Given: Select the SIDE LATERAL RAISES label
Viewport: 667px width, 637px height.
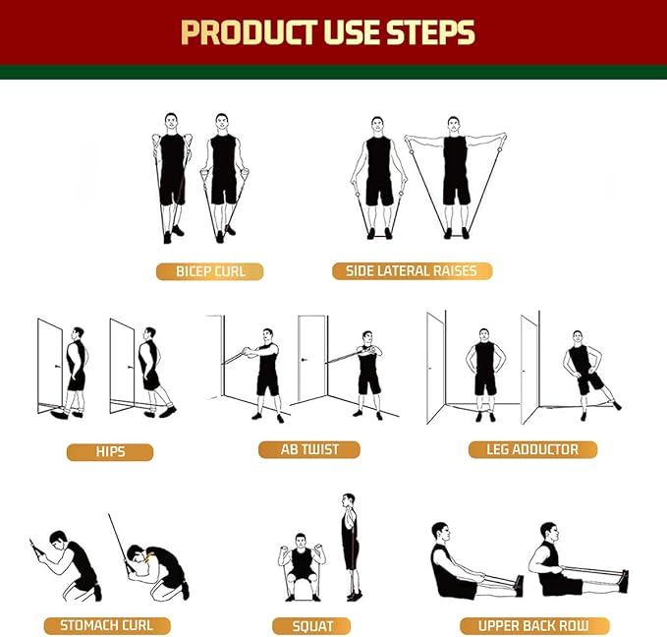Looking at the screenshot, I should click(x=412, y=270).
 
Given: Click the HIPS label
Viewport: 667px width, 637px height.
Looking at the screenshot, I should click(x=110, y=452).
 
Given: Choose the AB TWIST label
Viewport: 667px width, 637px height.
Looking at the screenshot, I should click(x=309, y=449).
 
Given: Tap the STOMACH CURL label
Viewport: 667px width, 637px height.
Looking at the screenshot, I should click(x=106, y=625).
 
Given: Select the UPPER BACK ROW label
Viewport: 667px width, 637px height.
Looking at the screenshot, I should click(x=534, y=625).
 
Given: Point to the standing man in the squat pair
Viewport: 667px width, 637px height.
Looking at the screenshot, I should click(x=350, y=547).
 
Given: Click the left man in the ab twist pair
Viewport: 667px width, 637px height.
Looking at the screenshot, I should click(x=266, y=369).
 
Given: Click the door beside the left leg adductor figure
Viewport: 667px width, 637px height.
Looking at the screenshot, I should click(x=436, y=368).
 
